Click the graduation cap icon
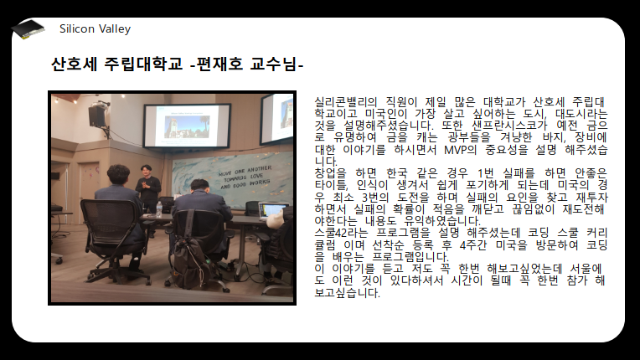[x=28, y=29]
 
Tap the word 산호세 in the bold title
[x=74, y=64]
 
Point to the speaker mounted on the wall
[x=97, y=116]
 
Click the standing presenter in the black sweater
[x=147, y=188]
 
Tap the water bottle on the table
[x=159, y=209]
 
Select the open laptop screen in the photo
[x=271, y=211]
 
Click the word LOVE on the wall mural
[x=256, y=176]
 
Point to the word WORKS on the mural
[x=260, y=183]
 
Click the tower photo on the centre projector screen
[x=187, y=126]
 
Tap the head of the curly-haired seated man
[x=118, y=174]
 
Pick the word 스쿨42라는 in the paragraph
[x=341, y=233]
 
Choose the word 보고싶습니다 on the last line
[x=347, y=293]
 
